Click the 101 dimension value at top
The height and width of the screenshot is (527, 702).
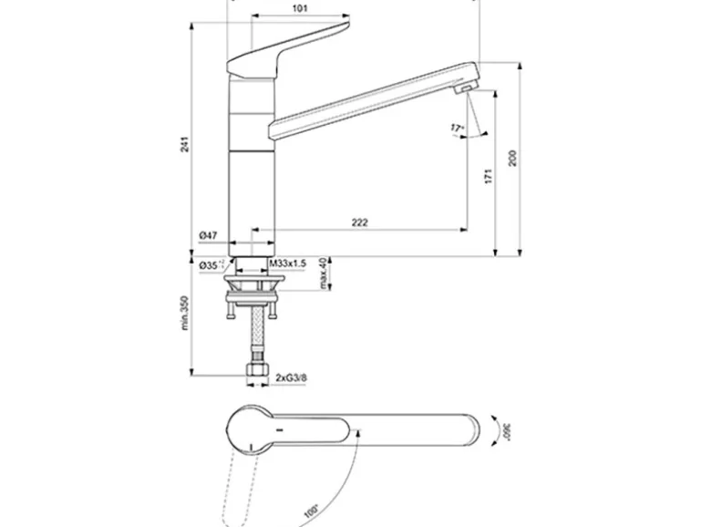[300, 8]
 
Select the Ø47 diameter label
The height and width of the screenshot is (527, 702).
[209, 236]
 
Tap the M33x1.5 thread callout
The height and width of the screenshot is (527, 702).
[288, 263]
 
